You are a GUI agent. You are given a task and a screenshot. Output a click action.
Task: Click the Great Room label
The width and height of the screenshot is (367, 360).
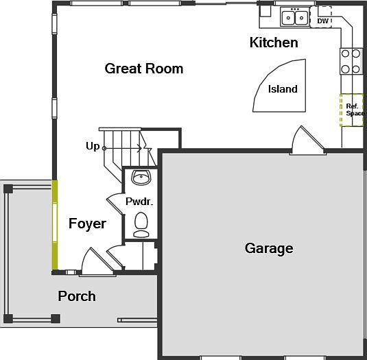pos(143,69)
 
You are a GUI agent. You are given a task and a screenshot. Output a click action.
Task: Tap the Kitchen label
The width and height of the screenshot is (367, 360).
pos(273,43)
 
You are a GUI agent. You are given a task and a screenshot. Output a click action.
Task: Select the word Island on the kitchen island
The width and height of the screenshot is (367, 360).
pos(282,89)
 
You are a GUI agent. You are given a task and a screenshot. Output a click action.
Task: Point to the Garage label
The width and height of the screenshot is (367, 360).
pos(269,248)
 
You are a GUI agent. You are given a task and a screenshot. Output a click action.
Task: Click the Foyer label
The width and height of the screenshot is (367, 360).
pos(87,224)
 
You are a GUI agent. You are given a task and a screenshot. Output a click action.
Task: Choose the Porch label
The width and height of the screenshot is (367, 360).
pos(76,296)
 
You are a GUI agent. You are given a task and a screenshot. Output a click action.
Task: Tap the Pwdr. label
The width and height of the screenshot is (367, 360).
pos(139,202)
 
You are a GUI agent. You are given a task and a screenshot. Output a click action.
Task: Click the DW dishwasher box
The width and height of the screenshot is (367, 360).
pos(322,21)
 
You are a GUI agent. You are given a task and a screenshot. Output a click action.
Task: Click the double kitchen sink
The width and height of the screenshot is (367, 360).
pos(296,17)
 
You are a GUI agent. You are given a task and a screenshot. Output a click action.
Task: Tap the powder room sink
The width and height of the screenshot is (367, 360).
pos(141,178)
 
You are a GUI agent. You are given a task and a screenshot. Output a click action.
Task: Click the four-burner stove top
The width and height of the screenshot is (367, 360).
pos(351,60)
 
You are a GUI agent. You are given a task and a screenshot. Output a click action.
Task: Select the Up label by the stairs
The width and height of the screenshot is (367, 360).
pos(92,146)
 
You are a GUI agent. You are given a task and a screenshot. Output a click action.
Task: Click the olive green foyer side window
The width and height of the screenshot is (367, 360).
pos(54,224)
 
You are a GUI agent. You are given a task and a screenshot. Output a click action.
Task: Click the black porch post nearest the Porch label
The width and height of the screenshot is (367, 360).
pos(55,319)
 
